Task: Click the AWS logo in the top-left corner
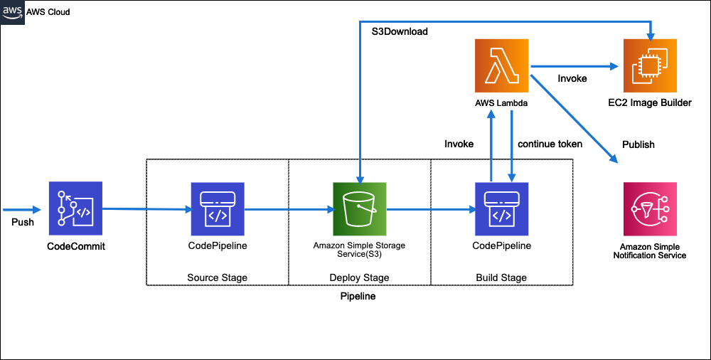coord(13,13)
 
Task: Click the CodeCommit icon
coord(75,208)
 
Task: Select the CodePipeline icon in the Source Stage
coord(218,208)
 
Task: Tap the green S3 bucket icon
coord(360,208)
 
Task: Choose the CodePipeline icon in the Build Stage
coord(502,208)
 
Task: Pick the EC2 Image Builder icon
coord(650,66)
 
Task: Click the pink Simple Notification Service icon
coord(648,208)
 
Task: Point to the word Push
coord(23,223)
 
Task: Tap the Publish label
coord(638,144)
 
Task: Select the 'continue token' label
coord(550,144)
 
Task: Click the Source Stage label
coord(217,277)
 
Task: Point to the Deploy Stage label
coord(359,277)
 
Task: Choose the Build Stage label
coord(501,277)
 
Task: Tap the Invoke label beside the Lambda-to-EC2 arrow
coord(572,78)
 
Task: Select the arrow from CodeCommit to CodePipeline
coord(146,209)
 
